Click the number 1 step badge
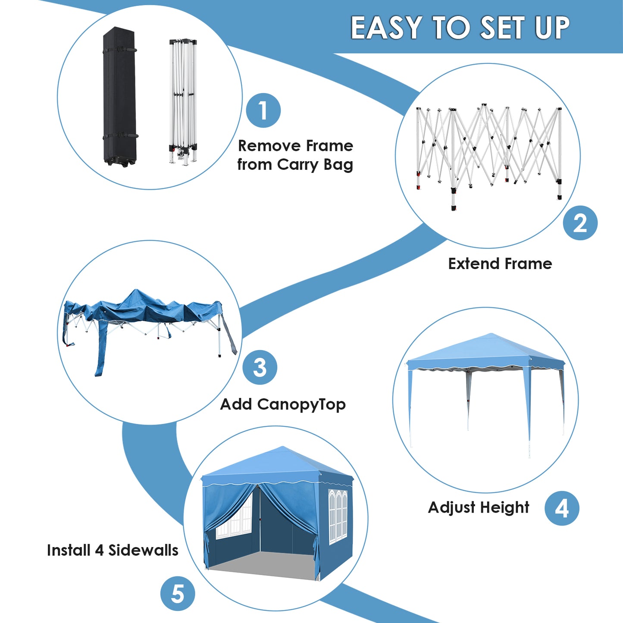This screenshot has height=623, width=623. [x=263, y=110]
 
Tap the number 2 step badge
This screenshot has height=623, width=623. [x=580, y=223]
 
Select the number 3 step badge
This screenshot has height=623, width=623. [x=260, y=367]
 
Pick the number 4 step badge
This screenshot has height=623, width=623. [x=562, y=508]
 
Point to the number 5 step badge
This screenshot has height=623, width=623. [x=178, y=594]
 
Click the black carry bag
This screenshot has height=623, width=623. [x=120, y=97]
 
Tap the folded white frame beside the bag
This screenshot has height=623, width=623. [x=183, y=102]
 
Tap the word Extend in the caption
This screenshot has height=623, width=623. [x=473, y=263]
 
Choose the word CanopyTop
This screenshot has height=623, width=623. [x=301, y=404]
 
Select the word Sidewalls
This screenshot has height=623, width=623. [x=143, y=550]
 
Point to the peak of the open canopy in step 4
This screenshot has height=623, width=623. [x=491, y=334]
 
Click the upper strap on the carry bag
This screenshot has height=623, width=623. [x=119, y=50]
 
